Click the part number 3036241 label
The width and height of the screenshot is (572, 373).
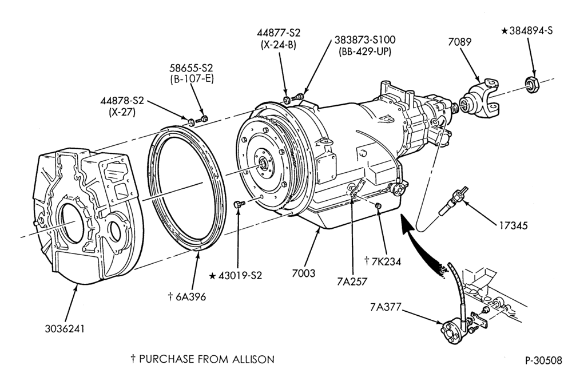65,329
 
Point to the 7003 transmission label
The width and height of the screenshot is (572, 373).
304,273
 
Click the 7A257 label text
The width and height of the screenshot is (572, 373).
352,281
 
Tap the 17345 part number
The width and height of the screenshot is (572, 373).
514,225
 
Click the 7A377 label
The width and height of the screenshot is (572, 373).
385,308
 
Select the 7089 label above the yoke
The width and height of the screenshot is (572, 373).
460,42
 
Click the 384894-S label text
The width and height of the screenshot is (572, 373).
531,31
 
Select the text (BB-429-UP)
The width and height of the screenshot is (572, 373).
365,51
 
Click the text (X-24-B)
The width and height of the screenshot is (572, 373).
279,45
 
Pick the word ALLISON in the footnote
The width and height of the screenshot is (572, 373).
253,359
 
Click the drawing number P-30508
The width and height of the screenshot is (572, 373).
543,360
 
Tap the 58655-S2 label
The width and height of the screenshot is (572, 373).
191,68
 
